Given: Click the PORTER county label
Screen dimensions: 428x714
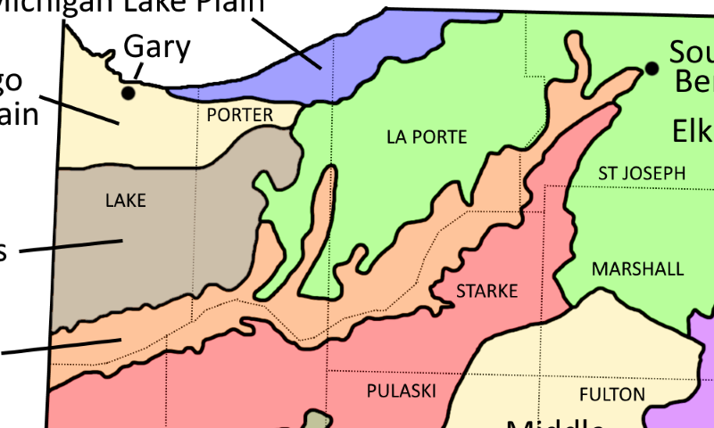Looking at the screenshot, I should [239, 115].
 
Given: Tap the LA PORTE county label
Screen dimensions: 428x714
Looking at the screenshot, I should [427, 137].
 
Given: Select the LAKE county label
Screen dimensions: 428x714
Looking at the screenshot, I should [125, 201].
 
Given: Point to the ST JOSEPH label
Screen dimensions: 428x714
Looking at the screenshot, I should [642, 173].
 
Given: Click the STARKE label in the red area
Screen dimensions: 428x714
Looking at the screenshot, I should [486, 292].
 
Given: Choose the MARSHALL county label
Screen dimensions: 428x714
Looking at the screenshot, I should [637, 269].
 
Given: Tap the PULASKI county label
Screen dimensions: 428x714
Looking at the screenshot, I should [401, 391].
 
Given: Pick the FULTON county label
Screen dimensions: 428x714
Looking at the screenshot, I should [611, 394].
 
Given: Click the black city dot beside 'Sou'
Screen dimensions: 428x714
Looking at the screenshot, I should [652, 69].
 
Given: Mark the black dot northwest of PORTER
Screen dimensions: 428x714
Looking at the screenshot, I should [129, 92].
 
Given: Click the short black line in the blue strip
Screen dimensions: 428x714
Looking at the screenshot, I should [310, 60].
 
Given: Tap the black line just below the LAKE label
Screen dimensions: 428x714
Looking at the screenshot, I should [89, 243].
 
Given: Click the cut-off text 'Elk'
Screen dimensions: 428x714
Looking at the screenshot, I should [693, 132].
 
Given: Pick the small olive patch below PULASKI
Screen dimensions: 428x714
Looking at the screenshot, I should [314, 420].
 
